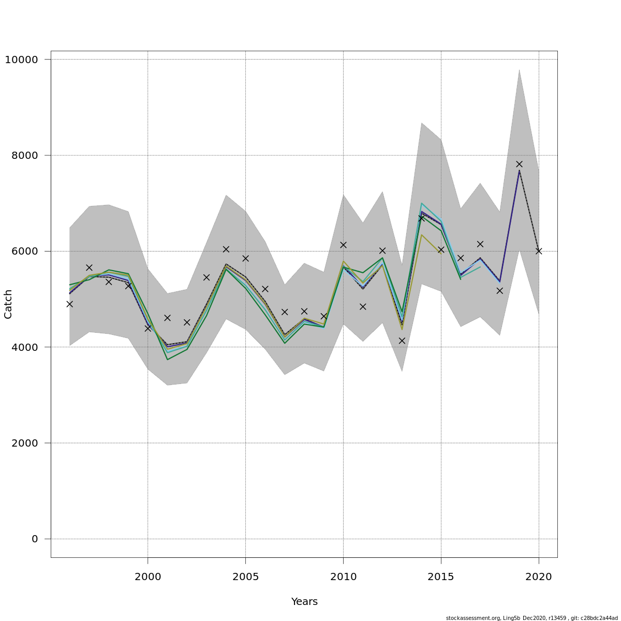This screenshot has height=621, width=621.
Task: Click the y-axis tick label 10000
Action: tap(21, 60)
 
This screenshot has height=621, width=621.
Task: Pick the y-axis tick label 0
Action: tap(35, 539)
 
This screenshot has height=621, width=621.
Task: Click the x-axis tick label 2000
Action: tap(148, 576)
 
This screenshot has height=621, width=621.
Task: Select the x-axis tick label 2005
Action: tap(245, 576)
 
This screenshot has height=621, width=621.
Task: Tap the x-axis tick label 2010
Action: tap(343, 576)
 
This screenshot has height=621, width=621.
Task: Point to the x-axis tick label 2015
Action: tap(441, 576)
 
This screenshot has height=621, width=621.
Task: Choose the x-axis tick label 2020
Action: tap(539, 576)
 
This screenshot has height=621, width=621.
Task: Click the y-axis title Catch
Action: tap(8, 304)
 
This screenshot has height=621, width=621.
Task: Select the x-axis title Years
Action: tap(304, 602)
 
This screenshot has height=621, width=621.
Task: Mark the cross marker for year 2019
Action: tap(519, 164)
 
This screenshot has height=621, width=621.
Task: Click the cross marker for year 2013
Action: tap(402, 341)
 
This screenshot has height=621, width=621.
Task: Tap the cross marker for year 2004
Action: tap(226, 249)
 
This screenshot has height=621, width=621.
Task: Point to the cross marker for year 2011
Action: tap(363, 306)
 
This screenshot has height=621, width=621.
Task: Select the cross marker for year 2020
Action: tap(539, 251)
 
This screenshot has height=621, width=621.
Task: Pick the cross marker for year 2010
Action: tap(343, 245)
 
